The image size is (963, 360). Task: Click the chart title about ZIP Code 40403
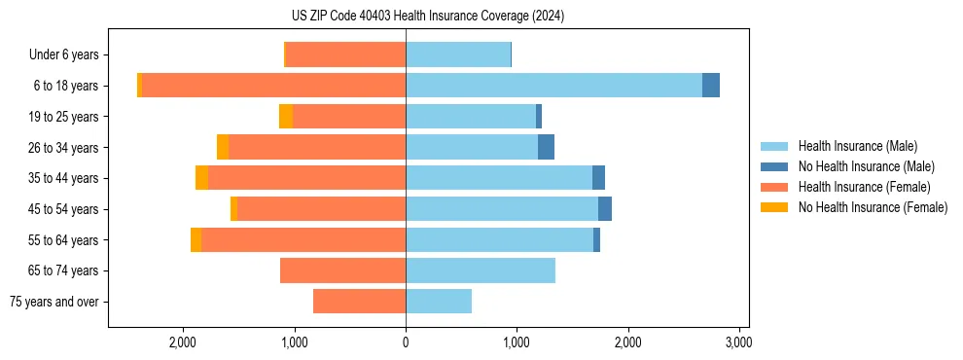428,17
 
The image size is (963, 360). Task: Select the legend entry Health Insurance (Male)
857,146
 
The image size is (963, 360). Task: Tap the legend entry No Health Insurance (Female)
873,207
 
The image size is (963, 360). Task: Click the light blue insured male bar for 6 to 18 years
553,86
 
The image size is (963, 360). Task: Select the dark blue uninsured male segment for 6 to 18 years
711,86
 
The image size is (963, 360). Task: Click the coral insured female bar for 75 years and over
359,302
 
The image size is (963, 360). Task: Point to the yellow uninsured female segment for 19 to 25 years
286,117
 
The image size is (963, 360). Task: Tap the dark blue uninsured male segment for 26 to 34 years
546,147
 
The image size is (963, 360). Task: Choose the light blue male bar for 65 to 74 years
481,270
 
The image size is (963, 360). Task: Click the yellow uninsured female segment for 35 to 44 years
201,178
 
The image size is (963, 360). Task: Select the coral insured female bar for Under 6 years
345,54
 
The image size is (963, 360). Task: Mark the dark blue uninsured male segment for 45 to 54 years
605,209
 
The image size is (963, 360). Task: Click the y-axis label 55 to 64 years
64,240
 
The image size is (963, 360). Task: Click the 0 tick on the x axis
406,342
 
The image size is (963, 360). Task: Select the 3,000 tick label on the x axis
738,342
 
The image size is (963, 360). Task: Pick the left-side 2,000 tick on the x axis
183,342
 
